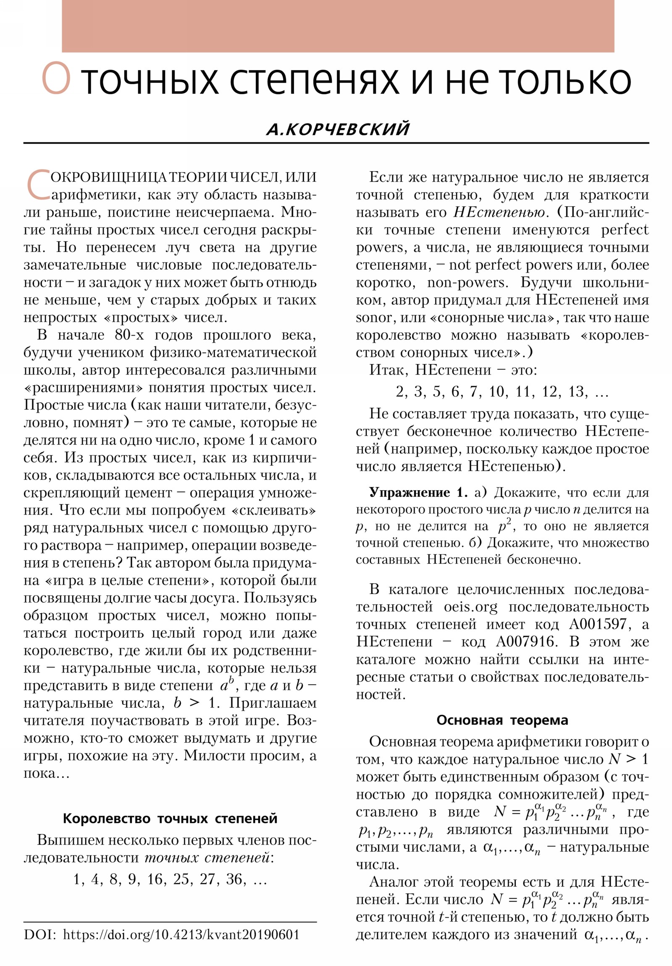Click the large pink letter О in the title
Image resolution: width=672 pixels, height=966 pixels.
(55, 79)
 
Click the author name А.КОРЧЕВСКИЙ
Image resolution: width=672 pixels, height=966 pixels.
(338, 129)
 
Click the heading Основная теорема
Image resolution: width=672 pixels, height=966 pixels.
(502, 720)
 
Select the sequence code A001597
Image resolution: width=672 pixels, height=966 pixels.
(600, 624)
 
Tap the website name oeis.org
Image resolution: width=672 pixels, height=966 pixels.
(470, 607)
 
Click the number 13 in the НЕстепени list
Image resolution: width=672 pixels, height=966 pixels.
(577, 392)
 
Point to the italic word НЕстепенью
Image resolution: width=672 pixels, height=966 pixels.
(499, 212)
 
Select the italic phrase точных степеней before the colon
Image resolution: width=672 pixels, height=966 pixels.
(207, 858)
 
